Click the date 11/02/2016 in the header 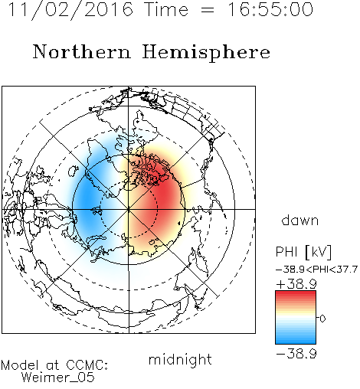(70, 10)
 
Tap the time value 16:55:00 (270, 9)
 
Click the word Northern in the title (81, 52)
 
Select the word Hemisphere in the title (206, 52)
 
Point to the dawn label (300, 221)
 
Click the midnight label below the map (180, 360)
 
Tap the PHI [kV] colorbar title (303, 252)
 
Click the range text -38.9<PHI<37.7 (316, 270)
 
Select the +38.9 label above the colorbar (296, 284)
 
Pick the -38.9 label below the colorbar (296, 354)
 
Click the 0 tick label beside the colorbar (322, 319)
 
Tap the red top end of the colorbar (296, 293)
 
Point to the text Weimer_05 (58, 378)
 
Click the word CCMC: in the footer (87, 365)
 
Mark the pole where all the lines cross (129, 209)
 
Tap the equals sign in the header (208, 10)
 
